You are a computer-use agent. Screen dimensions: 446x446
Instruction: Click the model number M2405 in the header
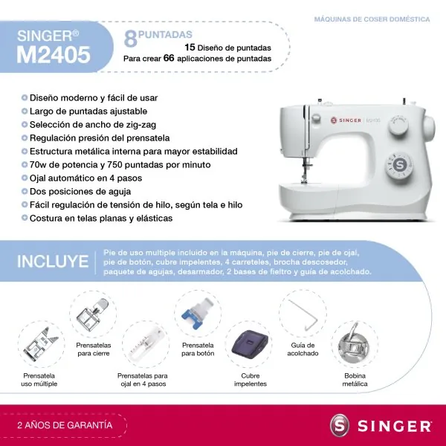pos(54,54)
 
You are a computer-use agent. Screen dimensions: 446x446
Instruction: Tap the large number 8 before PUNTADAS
pos(130,39)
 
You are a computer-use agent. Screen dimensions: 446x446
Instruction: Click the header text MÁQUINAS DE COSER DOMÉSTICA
pos(372,19)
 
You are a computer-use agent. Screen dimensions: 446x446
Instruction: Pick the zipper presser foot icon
pos(94,314)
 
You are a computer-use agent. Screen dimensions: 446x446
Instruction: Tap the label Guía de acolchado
pos(302,349)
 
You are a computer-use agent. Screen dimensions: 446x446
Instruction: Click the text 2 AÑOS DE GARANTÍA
pos(65,426)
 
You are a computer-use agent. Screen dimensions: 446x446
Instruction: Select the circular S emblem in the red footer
pos(339,426)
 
